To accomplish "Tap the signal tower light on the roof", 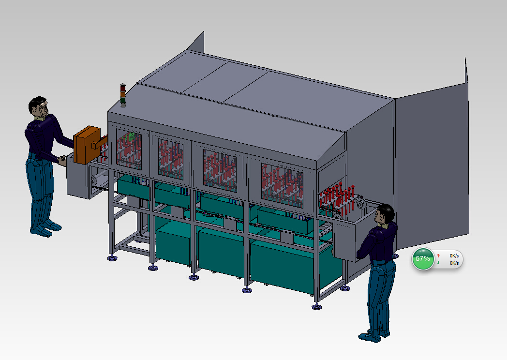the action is tap(123, 95).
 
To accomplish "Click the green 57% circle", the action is tap(423, 259).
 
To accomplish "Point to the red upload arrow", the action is tap(438, 255).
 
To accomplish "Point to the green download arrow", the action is tap(438, 263).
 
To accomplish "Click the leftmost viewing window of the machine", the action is tap(129, 150).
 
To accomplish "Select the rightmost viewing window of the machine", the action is tap(282, 185).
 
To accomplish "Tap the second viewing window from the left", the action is tap(170, 159).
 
